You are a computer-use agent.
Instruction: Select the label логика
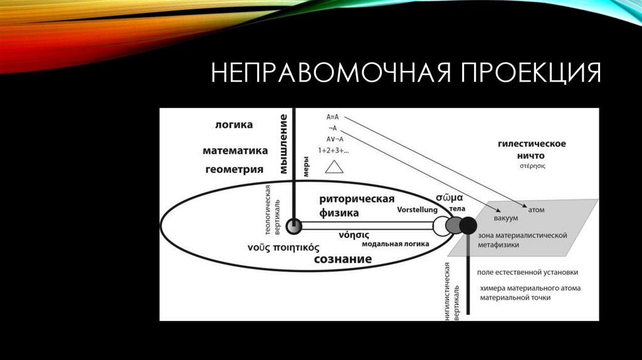tap(233, 125)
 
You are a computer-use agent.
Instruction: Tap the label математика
tap(235, 151)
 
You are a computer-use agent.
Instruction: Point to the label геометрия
tap(234, 169)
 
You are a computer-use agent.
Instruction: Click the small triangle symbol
tap(334, 166)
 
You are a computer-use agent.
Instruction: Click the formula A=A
tap(332, 117)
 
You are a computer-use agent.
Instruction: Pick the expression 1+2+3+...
tap(334, 151)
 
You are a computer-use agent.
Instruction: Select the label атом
tap(537, 210)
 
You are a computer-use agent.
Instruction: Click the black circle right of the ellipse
tap(468, 226)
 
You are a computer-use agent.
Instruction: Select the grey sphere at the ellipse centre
tap(293, 226)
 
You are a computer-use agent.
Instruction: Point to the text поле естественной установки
tap(527, 272)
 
